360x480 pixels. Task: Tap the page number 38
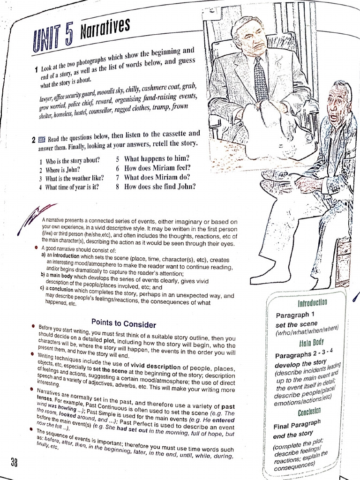pos(15,462)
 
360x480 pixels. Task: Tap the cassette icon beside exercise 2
pos(42,139)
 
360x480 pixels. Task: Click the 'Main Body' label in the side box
pos(311,343)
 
